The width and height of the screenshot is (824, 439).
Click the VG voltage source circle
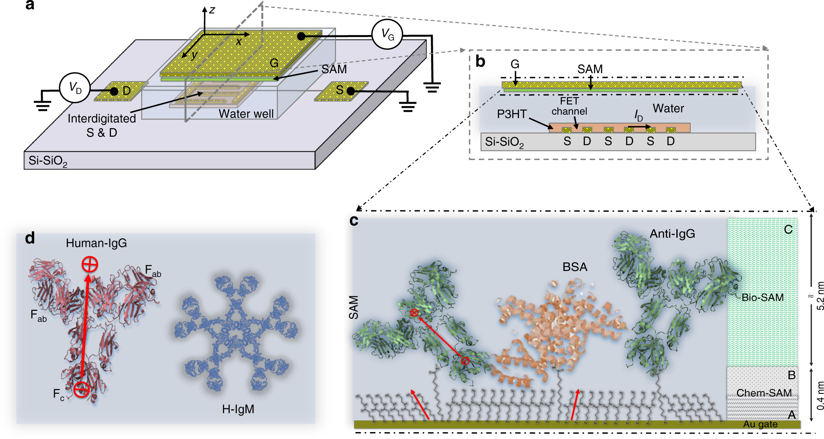387,35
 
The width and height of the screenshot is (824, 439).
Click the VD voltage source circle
75,88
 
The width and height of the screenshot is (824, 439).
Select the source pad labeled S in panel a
341,91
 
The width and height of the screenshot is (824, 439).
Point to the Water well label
246,114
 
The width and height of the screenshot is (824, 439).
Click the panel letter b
480,61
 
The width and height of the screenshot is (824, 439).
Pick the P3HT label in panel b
512,114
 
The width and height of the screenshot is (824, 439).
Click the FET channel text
569,106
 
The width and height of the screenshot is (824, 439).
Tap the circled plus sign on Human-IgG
89,264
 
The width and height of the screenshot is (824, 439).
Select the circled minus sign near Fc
82,390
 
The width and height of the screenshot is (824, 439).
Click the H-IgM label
238,409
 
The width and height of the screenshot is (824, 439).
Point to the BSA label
575,267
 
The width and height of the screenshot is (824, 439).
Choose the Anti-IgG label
672,234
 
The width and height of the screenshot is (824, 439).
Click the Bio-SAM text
762,297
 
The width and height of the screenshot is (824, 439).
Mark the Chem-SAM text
764,393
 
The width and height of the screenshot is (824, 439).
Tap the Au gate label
760,424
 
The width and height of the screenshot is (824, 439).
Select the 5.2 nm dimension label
820,296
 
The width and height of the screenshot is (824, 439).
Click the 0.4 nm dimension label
820,395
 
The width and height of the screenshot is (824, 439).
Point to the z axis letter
211,10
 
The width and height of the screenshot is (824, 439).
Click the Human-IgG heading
96,243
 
